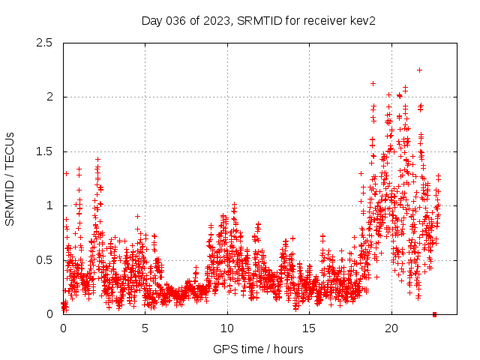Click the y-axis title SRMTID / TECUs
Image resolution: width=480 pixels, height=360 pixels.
tap(10, 178)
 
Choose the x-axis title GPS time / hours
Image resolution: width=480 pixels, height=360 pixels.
tap(258, 349)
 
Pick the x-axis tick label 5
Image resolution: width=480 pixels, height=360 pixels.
tap(145, 328)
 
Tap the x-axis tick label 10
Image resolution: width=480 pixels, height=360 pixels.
tap(227, 328)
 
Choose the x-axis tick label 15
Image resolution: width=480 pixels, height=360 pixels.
tap(309, 328)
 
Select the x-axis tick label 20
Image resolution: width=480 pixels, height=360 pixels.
tap(391, 328)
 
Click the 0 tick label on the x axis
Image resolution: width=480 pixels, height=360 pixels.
tap(63, 328)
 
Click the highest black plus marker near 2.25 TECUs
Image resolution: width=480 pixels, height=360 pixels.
tap(419, 70)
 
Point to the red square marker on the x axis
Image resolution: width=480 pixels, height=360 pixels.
tap(435, 314)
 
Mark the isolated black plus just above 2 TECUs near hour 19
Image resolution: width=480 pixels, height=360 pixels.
tap(373, 83)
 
